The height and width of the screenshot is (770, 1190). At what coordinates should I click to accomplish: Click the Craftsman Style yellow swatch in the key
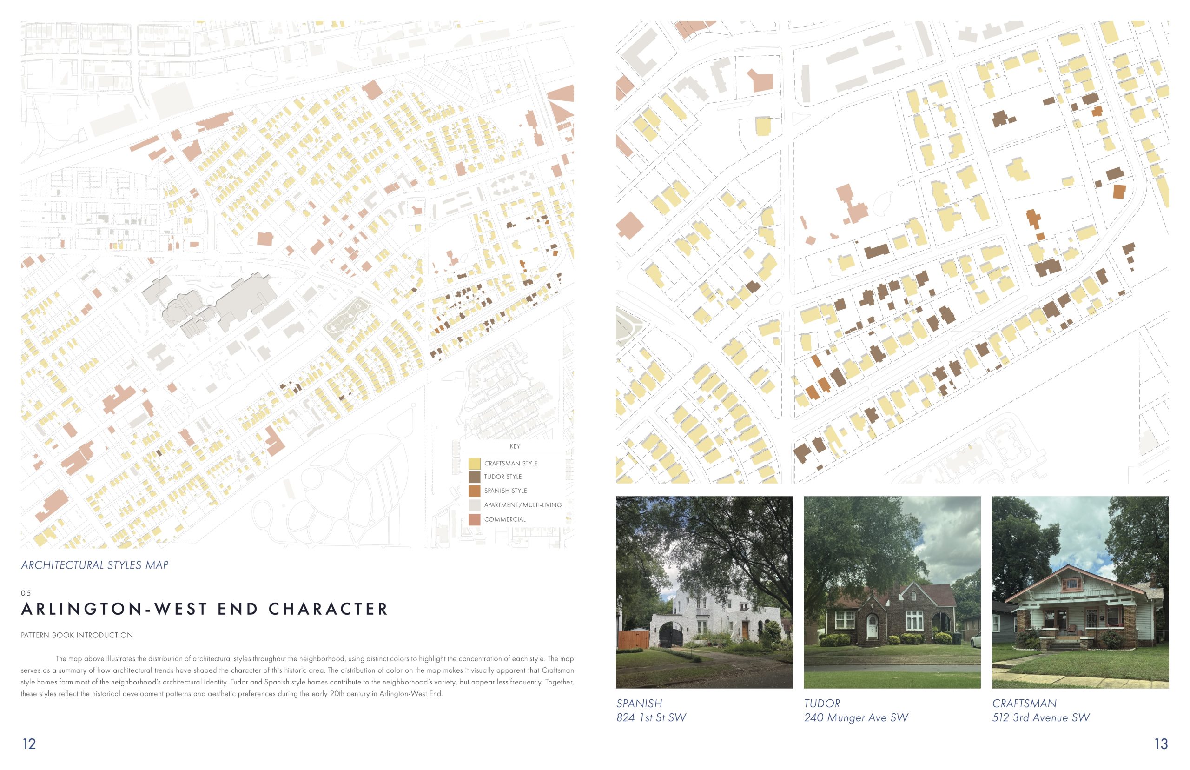point(474,463)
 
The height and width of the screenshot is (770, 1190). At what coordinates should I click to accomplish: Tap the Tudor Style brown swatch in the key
point(474,477)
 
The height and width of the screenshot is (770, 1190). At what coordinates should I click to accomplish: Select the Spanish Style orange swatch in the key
point(474,491)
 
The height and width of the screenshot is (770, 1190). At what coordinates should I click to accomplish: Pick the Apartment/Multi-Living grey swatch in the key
point(474,505)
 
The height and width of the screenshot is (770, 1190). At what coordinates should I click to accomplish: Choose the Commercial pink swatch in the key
point(474,519)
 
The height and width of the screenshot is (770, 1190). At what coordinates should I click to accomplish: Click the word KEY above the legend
point(514,446)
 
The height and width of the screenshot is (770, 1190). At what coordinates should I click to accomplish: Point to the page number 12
point(29,744)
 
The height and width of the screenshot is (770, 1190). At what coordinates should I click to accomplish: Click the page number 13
point(1161,744)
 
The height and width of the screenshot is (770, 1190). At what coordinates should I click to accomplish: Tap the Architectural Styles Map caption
point(95,565)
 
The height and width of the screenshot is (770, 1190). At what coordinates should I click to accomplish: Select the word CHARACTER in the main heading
point(328,609)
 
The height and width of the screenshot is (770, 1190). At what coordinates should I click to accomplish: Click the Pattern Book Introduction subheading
point(77,635)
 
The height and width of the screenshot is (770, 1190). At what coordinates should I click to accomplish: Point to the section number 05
point(26,593)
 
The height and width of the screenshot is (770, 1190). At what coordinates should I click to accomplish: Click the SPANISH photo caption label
point(639,704)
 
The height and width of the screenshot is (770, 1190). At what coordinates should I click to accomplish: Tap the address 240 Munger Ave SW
point(856,717)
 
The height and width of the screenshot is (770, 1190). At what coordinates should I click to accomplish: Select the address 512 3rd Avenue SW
point(1041,717)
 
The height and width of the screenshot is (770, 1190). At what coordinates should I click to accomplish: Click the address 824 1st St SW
point(651,717)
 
